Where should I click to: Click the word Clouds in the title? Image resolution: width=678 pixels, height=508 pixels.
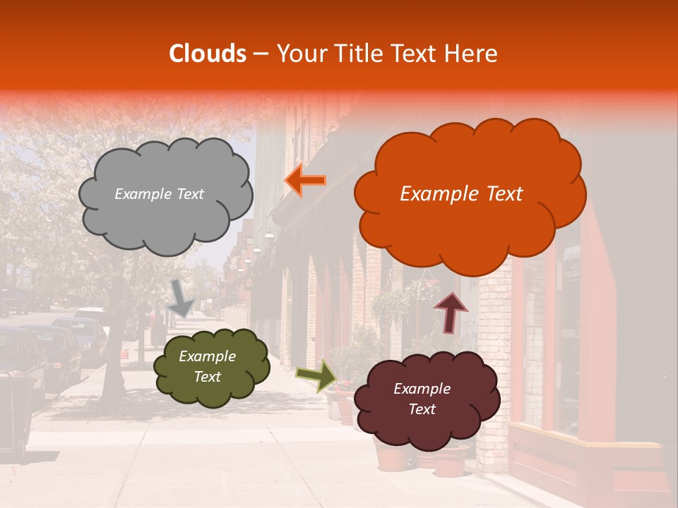click(x=207, y=54)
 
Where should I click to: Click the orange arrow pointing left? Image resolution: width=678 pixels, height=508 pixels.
click(x=306, y=181)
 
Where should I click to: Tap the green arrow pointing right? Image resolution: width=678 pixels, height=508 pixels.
click(x=316, y=375)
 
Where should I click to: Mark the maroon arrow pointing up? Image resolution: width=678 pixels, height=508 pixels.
click(x=450, y=311)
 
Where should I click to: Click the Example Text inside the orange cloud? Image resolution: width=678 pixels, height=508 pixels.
click(x=461, y=194)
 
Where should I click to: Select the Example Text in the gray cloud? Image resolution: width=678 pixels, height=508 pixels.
click(x=159, y=194)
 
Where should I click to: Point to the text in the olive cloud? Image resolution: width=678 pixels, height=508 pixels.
click(x=207, y=367)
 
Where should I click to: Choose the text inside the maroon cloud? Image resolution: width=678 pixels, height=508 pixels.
click(x=422, y=399)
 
